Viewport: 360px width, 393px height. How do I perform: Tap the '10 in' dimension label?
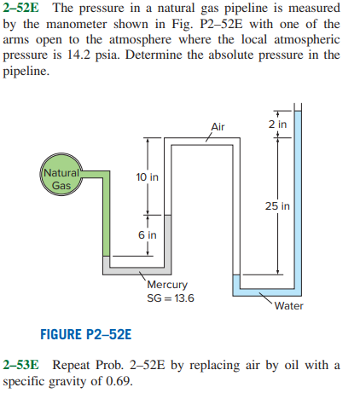pos(147,177)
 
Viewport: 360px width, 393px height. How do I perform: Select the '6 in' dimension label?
pos(147,234)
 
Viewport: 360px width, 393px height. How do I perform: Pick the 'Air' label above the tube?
pos(217,127)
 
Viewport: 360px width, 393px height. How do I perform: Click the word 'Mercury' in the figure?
pos(167,285)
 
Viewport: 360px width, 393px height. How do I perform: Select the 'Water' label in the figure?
pos(290,306)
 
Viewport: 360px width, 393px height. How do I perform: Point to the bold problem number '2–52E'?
pos(21,9)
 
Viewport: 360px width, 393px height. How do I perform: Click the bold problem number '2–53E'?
pos(21,365)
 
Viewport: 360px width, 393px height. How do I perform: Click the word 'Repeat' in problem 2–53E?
pos(72,365)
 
